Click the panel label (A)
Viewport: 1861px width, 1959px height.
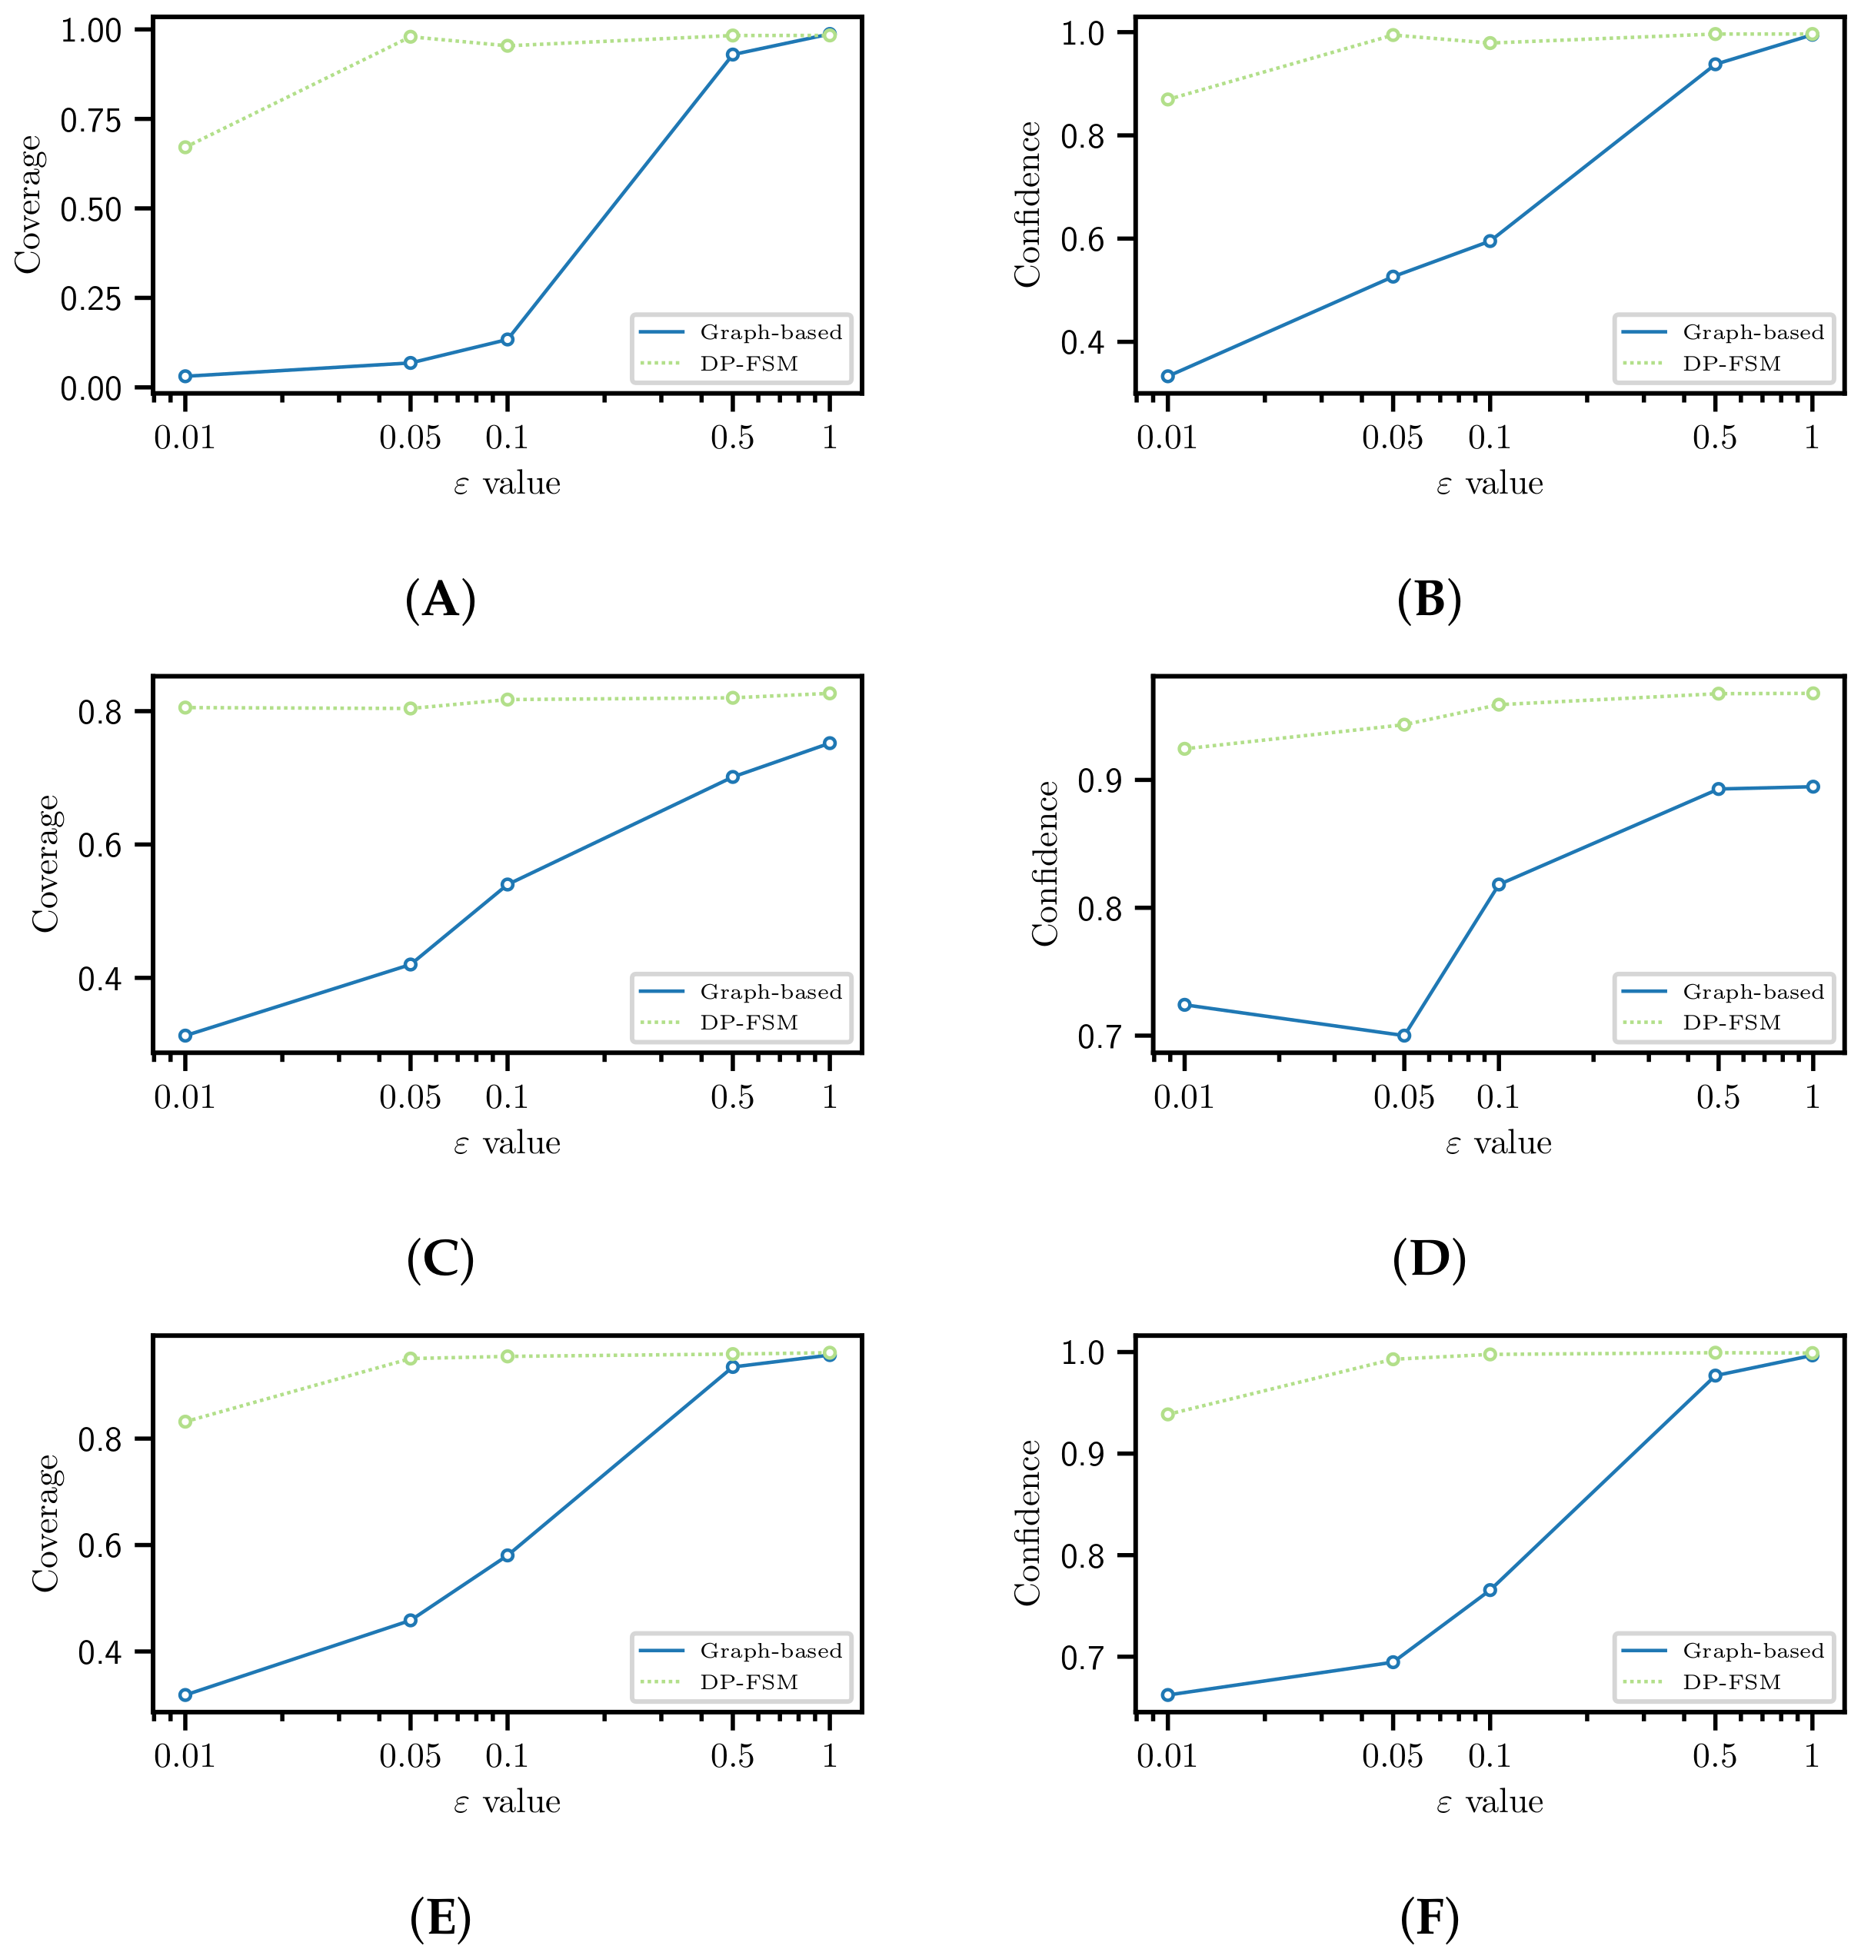(x=441, y=600)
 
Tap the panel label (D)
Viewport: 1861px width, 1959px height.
(x=1429, y=1259)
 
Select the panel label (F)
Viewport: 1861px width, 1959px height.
(x=1429, y=1918)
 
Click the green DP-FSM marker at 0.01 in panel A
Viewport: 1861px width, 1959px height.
(x=185, y=148)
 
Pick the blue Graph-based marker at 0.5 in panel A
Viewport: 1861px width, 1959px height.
(x=732, y=55)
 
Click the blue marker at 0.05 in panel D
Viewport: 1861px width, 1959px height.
(x=1403, y=1036)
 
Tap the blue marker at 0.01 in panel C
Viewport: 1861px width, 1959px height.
(x=185, y=1036)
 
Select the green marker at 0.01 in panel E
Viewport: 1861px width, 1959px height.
(x=185, y=1422)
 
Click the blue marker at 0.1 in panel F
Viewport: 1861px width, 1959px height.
(x=1489, y=1590)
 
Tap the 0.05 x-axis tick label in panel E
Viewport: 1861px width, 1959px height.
(x=410, y=1756)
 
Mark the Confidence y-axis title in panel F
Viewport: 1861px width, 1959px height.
(x=1027, y=1522)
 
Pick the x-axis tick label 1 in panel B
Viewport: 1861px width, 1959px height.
(x=1812, y=437)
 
